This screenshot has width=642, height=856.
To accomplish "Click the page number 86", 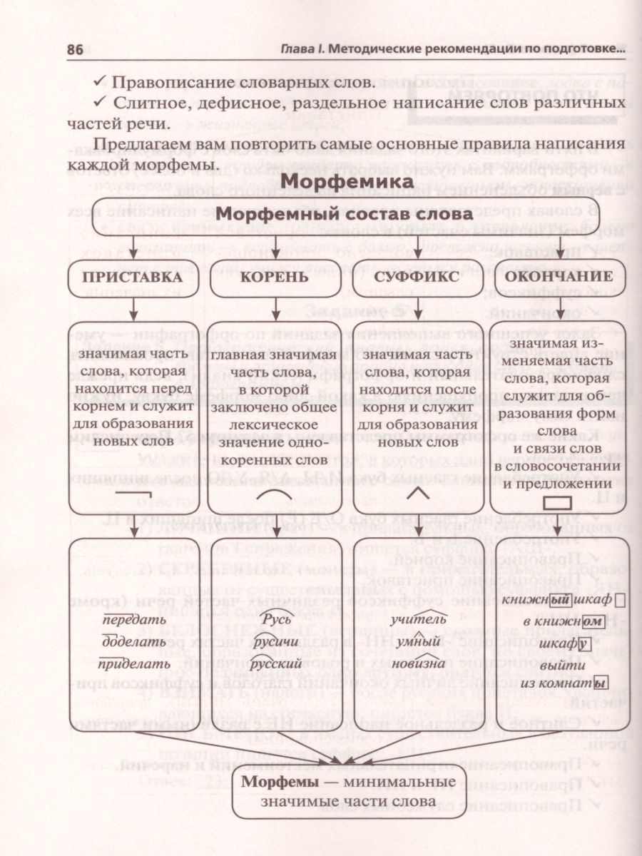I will click(x=76, y=51).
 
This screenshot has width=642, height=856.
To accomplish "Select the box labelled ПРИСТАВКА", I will click(x=133, y=277).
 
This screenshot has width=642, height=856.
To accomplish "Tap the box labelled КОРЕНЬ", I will click(x=275, y=277).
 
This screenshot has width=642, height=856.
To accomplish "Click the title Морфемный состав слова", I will click(x=344, y=215).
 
